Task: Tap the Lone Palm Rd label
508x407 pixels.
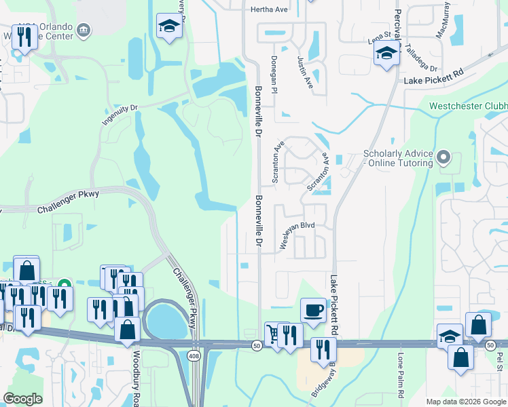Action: tap(401, 375)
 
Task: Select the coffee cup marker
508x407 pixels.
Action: tap(312, 310)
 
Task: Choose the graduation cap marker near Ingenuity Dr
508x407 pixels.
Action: tap(168, 26)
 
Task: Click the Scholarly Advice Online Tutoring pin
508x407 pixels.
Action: tap(443, 158)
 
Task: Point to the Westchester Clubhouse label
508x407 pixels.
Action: tap(468, 106)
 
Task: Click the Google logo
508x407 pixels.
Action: tap(23, 399)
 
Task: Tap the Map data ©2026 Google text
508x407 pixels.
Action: tap(465, 402)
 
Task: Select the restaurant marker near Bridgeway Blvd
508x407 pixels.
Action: tap(323, 349)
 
